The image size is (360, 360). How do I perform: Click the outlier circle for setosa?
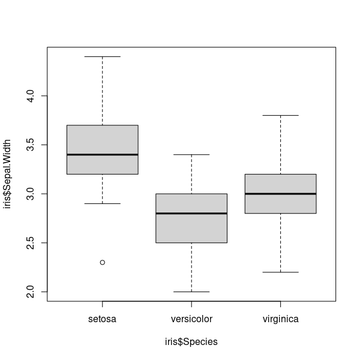103,262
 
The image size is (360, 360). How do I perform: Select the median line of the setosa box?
103,154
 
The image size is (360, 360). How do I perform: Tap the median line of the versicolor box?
191,213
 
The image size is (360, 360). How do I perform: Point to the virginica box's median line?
280,193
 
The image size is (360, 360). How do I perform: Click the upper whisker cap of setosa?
103,56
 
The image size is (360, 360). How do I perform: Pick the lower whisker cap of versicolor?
191,292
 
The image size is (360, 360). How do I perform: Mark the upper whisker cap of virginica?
280,115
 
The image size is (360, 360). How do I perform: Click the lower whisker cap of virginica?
280,272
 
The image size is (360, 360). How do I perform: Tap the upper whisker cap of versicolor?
191,154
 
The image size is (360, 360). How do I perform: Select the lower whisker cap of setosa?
103,203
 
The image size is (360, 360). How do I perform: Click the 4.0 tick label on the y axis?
31,95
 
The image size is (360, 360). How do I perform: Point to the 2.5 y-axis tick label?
31,242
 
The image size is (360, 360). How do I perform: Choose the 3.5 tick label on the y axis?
31,145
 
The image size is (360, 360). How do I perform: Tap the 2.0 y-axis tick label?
31,292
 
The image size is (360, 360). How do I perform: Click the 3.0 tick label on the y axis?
31,193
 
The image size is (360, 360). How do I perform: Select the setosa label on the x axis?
103,319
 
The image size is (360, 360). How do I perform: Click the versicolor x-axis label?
191,319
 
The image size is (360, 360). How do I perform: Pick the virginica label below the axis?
280,319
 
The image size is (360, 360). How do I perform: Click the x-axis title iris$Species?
191,342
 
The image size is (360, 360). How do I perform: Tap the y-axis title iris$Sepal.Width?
8,174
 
